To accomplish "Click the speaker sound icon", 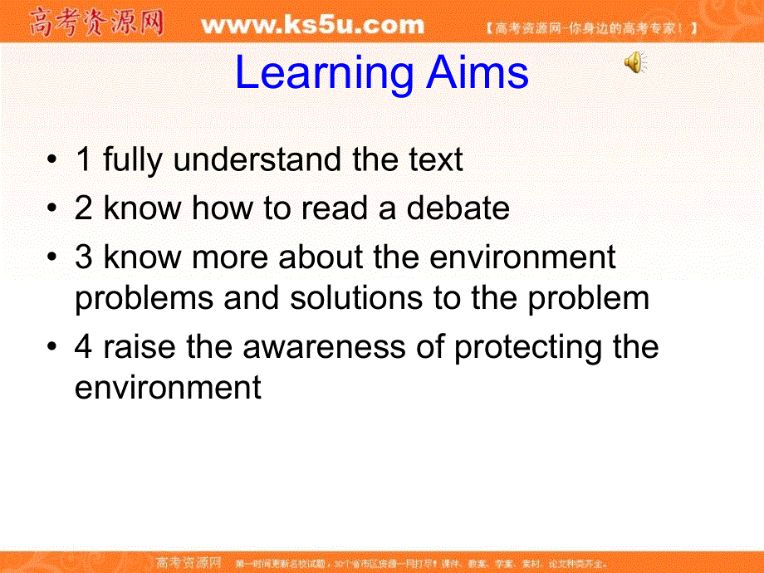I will pyautogui.click(x=635, y=62).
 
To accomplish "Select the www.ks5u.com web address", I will pyautogui.click(x=312, y=26).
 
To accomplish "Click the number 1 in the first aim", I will pyautogui.click(x=83, y=160).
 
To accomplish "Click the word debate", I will pyautogui.click(x=458, y=208).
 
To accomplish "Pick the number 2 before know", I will pyautogui.click(x=84, y=208).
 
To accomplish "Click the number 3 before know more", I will pyautogui.click(x=84, y=257).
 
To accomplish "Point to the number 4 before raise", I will pyautogui.click(x=84, y=347).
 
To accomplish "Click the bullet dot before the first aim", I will pyautogui.click(x=54, y=161).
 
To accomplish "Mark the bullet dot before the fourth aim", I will pyautogui.click(x=54, y=348).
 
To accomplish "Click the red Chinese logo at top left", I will pyautogui.click(x=96, y=22).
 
